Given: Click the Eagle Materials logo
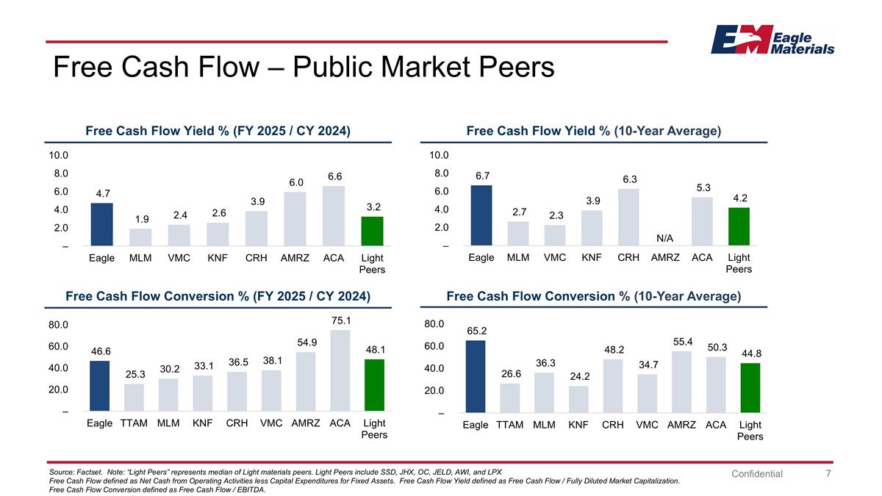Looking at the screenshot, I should point(772,40).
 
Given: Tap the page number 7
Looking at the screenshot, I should point(828,474).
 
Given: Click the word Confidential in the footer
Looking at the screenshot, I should point(757,474).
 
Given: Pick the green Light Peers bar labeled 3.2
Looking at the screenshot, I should point(371,231).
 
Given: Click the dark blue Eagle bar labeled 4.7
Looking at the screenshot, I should point(101,224).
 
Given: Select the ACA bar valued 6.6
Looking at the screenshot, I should point(333,215).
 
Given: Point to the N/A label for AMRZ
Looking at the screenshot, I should point(665,238).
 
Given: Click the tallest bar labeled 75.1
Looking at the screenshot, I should point(340,370).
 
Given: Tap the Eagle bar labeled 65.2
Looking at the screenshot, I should point(476,376).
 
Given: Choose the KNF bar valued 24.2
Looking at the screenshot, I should point(578,399).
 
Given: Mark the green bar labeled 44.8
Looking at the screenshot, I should point(750,388).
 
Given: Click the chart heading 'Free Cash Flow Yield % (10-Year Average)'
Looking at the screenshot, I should point(593,131).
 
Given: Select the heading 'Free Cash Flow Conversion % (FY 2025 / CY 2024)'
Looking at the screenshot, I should point(218,296).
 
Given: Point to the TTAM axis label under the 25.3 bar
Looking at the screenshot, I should point(134,423).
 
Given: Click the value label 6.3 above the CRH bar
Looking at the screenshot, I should point(628,179).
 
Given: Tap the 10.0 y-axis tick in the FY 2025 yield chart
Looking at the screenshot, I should point(58,156).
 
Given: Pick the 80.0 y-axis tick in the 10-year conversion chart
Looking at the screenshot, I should point(434,324).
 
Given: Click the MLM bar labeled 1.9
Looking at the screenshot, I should point(140,237).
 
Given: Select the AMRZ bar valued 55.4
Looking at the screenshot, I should point(681,382).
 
